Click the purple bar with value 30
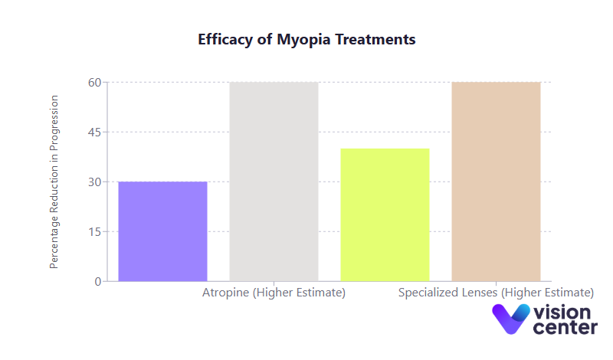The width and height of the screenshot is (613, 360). (x=162, y=231)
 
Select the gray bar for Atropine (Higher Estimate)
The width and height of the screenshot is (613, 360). (x=274, y=182)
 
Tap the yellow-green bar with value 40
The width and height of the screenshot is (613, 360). (x=385, y=214)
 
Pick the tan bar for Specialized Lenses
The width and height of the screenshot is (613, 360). (x=496, y=182)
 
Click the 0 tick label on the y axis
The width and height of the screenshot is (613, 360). (x=97, y=281)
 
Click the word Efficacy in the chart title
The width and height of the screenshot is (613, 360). (x=226, y=39)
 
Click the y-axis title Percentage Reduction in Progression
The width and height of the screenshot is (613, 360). (x=54, y=182)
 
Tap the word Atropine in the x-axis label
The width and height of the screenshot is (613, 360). (x=226, y=293)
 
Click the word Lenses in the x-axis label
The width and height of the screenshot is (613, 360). (x=479, y=293)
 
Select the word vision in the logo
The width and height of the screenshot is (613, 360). (x=562, y=313)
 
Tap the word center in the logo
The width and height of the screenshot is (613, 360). (x=565, y=328)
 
